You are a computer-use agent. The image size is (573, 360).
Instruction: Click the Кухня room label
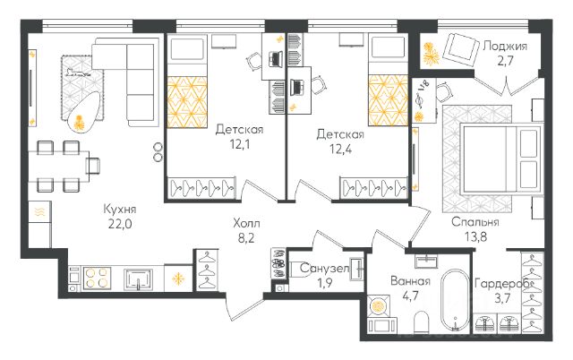(120, 209)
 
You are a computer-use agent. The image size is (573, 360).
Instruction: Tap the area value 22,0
(120, 224)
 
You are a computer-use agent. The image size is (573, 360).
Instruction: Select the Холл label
(246, 223)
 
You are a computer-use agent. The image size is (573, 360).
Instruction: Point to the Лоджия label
(505, 47)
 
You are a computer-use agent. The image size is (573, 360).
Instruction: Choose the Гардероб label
(503, 284)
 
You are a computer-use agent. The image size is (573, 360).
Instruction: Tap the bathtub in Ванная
(455, 299)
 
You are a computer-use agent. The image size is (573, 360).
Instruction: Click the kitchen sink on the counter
(138, 279)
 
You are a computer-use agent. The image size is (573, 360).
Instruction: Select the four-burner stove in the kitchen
(97, 279)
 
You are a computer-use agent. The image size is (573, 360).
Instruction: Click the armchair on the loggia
(460, 50)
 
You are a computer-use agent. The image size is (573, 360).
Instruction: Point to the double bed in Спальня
(500, 157)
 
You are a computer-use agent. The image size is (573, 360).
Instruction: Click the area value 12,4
(340, 150)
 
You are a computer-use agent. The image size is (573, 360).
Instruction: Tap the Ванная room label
(410, 281)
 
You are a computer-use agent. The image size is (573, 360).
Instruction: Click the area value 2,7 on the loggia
(505, 61)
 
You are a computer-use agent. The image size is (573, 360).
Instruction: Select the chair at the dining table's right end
(93, 165)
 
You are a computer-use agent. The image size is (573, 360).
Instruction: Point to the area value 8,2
(246, 238)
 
